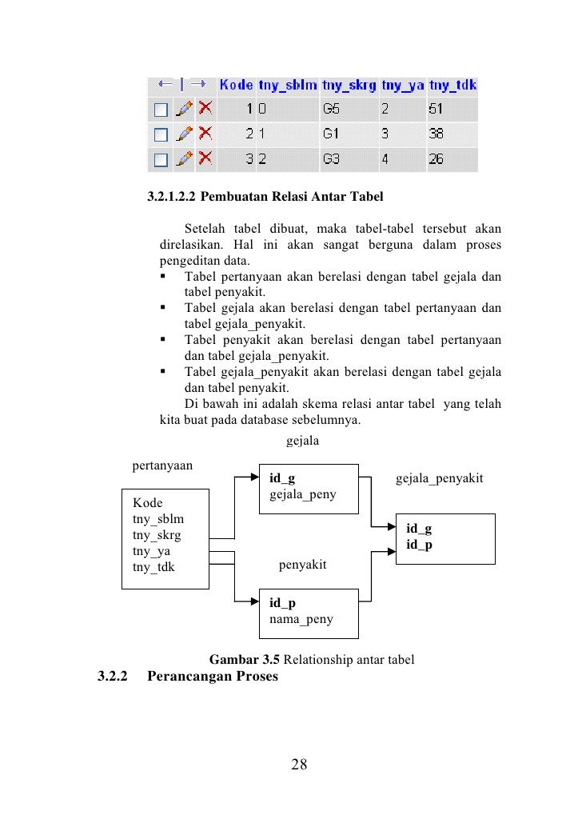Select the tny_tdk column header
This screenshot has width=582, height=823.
coord(452,84)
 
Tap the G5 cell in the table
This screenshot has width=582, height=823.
coord(330,108)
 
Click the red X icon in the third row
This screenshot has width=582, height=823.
coord(205,158)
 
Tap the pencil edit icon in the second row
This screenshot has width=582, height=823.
coord(184,134)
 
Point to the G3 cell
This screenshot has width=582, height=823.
coord(330,159)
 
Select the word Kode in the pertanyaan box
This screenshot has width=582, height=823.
coord(146,504)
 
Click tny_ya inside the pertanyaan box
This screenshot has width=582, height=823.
coord(151,552)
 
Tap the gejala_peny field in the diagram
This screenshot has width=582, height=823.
coord(302,494)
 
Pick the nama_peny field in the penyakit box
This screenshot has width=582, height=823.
coord(301,619)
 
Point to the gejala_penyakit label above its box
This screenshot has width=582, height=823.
coord(439,479)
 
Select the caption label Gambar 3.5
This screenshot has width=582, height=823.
coord(244,661)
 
